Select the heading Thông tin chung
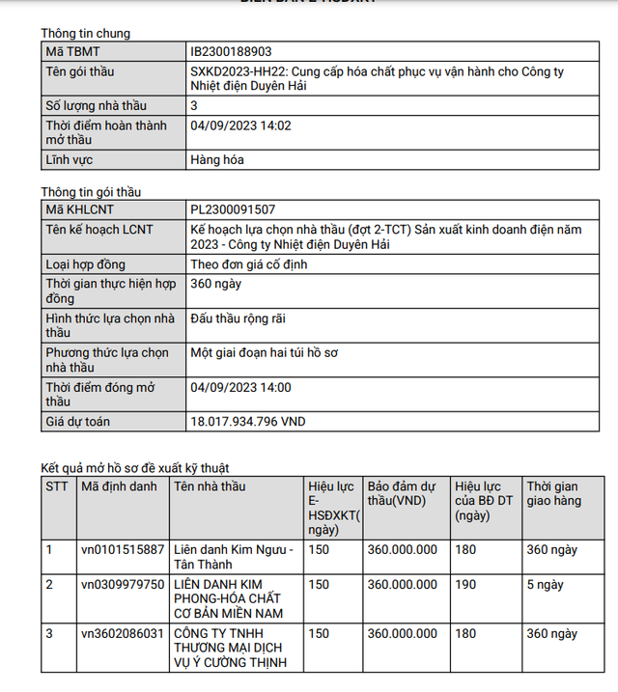pyautogui.click(x=85, y=33)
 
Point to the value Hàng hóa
pyautogui.click(x=219, y=160)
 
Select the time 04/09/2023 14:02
pyautogui.click(x=241, y=125)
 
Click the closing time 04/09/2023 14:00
pyautogui.click(x=241, y=388)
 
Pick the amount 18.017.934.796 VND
pyautogui.click(x=248, y=422)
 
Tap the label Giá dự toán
pyautogui.click(x=79, y=422)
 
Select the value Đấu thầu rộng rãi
pyautogui.click(x=238, y=318)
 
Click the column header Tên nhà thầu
pyautogui.click(x=211, y=486)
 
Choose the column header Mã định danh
pyautogui.click(x=119, y=486)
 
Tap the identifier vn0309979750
pyautogui.click(x=122, y=584)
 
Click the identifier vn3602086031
pyautogui.click(x=122, y=633)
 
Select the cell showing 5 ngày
pyautogui.click(x=546, y=584)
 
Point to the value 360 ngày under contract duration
pyautogui.click(x=216, y=284)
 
